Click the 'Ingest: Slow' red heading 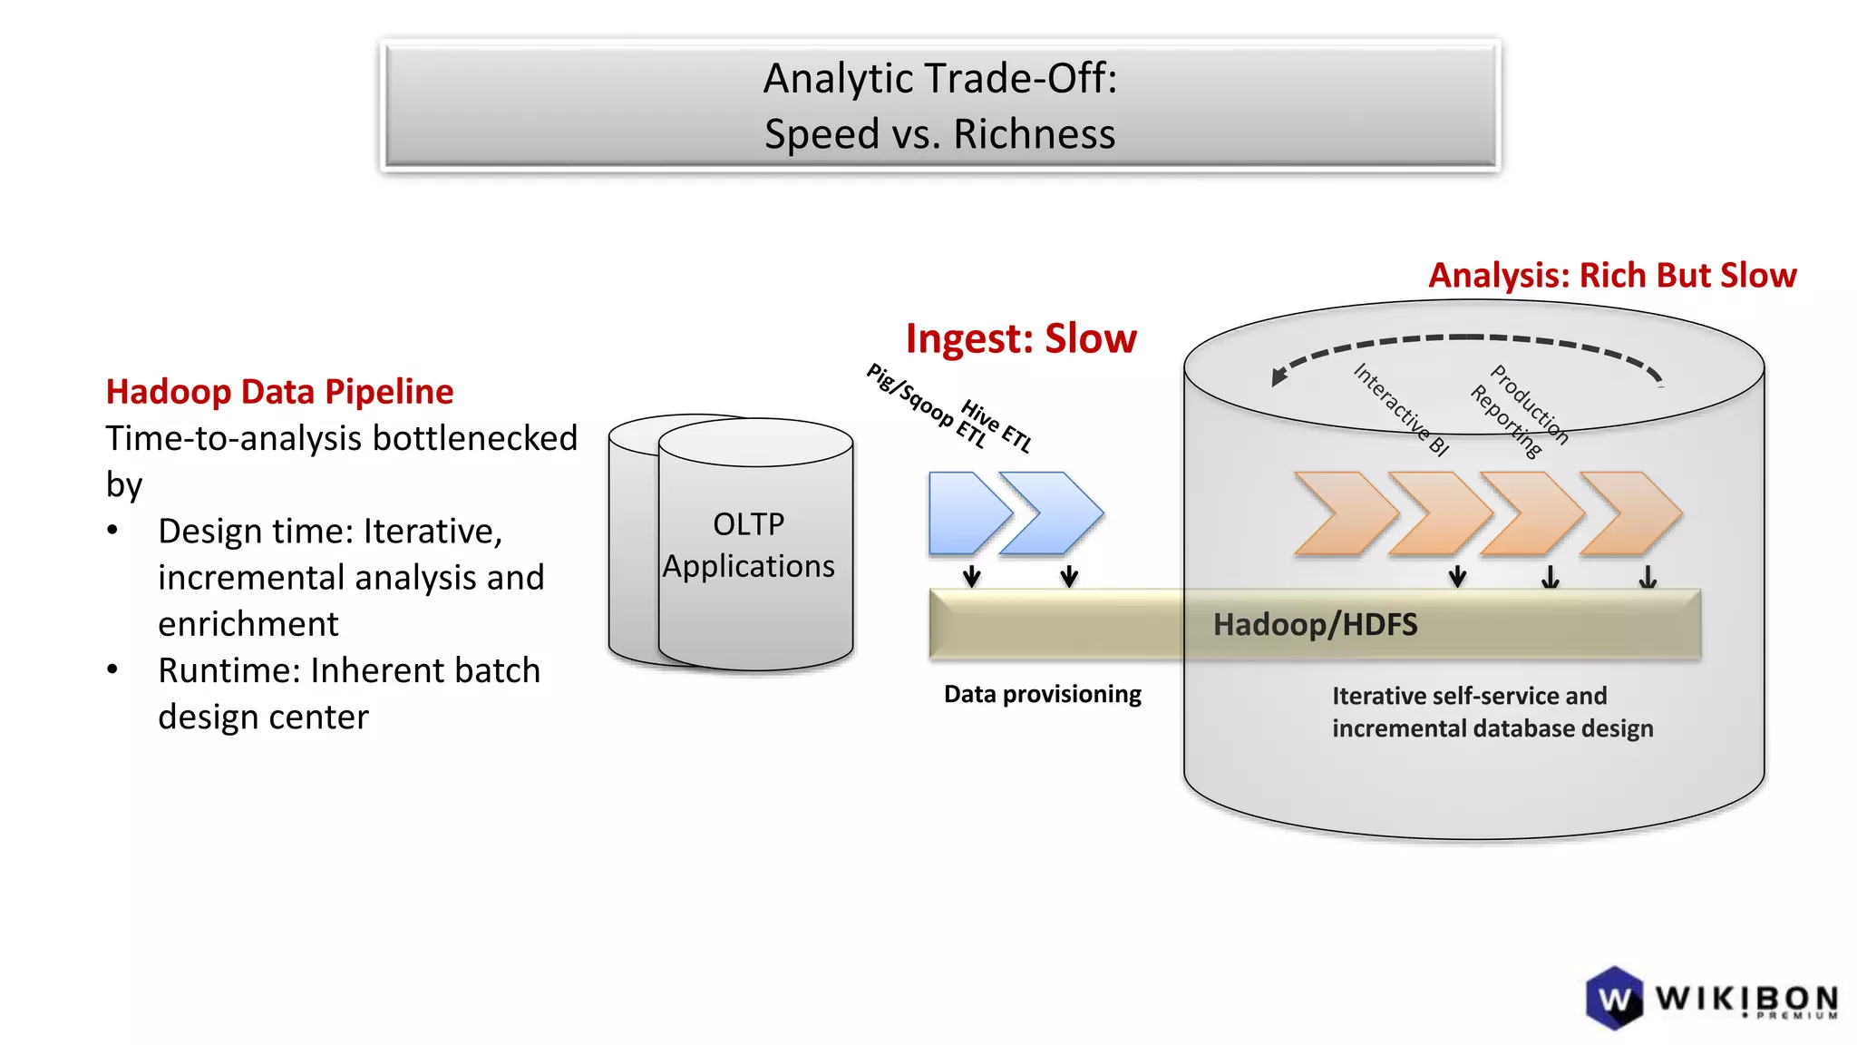coord(1020,339)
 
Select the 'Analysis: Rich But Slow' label coord(1611,276)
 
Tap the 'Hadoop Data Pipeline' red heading coord(279,392)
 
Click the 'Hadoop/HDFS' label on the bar coord(1315,625)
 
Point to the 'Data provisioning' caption coord(1042,695)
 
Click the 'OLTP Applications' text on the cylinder coord(748,545)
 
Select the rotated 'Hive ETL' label coord(997,426)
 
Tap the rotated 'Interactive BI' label coord(1401,409)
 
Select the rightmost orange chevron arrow coord(1632,513)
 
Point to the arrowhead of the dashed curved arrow coord(1279,376)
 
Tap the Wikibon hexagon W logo coord(1614,999)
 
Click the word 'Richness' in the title coord(1034,134)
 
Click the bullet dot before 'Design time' coord(112,531)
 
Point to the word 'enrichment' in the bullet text coord(248,625)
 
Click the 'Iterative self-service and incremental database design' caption coord(1492,712)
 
